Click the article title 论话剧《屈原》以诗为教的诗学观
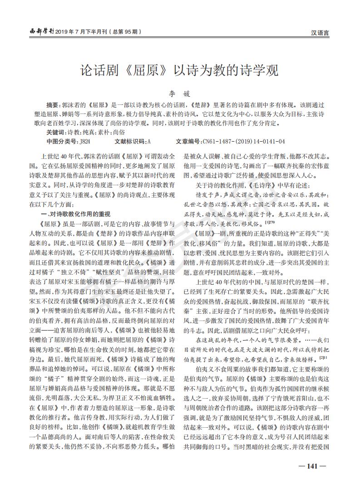[179, 71]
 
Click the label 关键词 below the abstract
[56, 132]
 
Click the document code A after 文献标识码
[149, 141]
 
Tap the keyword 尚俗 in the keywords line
[118, 132]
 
